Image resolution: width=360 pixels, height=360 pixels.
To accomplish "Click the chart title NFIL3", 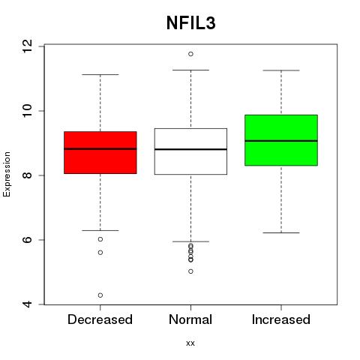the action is coord(190,23).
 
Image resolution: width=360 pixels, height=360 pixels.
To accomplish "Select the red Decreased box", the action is coord(100,152).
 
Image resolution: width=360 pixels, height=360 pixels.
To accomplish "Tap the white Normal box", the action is coord(190,151).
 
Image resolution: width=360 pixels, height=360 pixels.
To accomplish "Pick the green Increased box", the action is coord(281,140).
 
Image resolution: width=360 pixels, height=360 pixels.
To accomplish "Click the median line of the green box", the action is coord(281,141).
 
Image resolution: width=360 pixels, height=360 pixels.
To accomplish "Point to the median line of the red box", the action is coord(100,148).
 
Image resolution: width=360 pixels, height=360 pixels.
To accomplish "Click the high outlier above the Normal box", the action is coord(190,54).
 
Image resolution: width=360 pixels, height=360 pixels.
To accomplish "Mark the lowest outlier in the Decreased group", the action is coord(100,295).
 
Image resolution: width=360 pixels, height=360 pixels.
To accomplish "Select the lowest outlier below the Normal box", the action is coord(190,271).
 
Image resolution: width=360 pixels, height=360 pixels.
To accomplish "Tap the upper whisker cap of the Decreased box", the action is coord(100,74).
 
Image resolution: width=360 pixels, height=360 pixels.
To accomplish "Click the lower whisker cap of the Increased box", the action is coord(281,232).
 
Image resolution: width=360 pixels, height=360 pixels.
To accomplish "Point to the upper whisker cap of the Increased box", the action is coord(281,70).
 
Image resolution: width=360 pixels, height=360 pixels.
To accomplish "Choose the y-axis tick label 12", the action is coord(27,46).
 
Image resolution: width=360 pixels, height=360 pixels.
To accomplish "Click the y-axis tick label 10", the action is coord(27,111).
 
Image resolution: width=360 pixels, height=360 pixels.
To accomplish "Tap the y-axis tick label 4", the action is coord(27,304).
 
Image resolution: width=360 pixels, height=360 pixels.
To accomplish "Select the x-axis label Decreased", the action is coord(100,319).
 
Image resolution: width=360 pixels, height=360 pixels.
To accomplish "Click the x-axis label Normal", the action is coord(190,319).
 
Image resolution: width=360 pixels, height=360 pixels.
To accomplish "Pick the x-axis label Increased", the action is coord(281,319).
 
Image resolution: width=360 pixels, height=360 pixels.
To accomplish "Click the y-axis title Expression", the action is coord(7,174).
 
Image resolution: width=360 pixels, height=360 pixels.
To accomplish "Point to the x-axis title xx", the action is coord(190,343).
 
